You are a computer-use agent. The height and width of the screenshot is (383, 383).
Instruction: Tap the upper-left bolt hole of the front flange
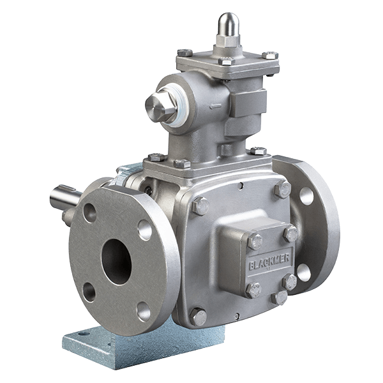click(91, 212)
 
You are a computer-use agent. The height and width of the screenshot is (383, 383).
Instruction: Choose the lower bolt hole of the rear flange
click(304, 273)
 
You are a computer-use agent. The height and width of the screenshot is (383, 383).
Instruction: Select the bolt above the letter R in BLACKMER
click(290, 234)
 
